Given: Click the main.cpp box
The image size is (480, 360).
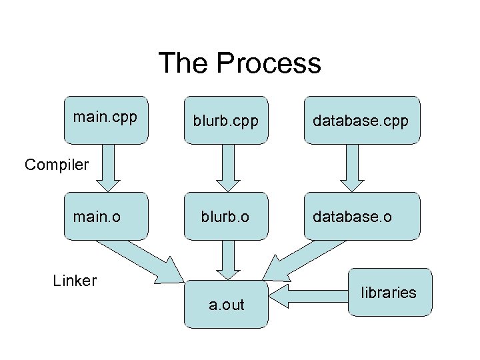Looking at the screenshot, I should [105, 120].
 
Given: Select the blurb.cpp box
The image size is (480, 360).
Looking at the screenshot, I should [226, 120].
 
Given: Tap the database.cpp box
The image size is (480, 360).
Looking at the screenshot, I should [362, 120].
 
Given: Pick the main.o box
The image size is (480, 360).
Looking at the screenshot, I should [105, 215].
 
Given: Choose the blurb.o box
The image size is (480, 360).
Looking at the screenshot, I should [226, 215].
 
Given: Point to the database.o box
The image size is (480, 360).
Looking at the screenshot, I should [362, 215].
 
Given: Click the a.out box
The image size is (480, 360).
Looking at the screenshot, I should [226, 304].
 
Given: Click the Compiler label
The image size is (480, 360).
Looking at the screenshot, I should [57, 164].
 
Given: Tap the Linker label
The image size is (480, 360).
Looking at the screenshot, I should [75, 281].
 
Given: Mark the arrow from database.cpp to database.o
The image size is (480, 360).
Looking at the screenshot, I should [353, 167].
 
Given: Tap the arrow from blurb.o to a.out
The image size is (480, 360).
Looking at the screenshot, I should [228, 259].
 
